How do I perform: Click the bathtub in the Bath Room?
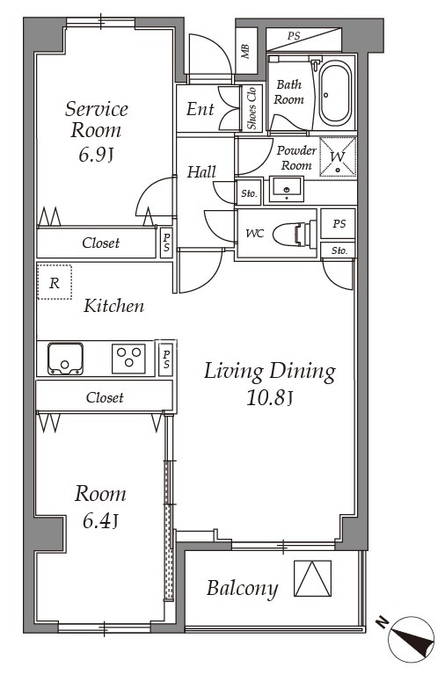pos(335,93)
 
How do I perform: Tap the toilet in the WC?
pos(295,234)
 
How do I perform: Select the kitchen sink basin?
pos(65,359)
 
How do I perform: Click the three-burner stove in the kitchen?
pos(129,359)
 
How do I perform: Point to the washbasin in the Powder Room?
pos(286,189)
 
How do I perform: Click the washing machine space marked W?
pos(338,156)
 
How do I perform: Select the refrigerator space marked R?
pos(55,282)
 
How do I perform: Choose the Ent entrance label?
pos(201,109)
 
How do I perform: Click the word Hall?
pos(201,172)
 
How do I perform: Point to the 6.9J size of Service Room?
pos(96,155)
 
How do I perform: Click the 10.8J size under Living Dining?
pos(268,397)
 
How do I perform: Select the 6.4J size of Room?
pos(100,520)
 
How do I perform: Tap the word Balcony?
pos(242,589)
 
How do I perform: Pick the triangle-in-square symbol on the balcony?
pos(312,578)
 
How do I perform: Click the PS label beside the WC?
pos(339,223)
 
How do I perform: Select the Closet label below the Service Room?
pos(100,243)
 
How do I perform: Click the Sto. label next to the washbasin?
pos(249,193)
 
